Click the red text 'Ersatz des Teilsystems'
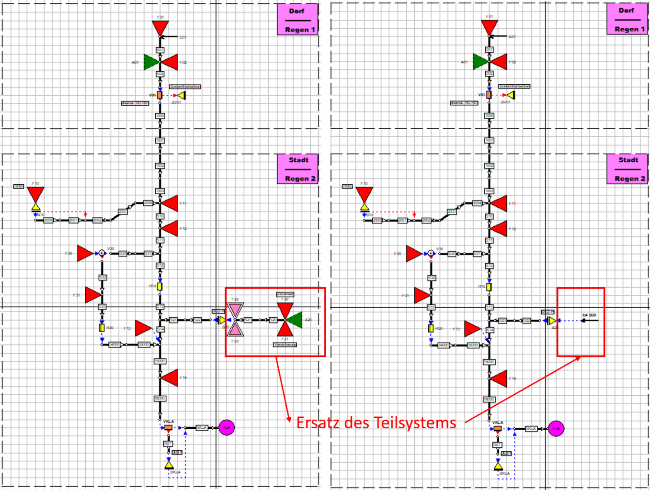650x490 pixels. point(376,423)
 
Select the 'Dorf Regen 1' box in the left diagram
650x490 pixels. point(297,20)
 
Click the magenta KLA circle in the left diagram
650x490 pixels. point(227,427)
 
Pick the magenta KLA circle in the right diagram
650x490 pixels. point(556,428)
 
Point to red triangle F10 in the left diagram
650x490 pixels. point(35,194)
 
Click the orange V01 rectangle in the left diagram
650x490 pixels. point(160,95)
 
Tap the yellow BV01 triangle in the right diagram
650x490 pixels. point(511,95)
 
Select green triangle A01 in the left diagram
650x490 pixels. point(151,62)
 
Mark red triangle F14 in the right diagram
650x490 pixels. point(500,379)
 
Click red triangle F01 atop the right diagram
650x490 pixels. point(489,27)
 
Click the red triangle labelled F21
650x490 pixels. point(285,328)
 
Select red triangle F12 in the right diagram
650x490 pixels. point(500,229)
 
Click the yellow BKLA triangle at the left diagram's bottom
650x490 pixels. point(169,465)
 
